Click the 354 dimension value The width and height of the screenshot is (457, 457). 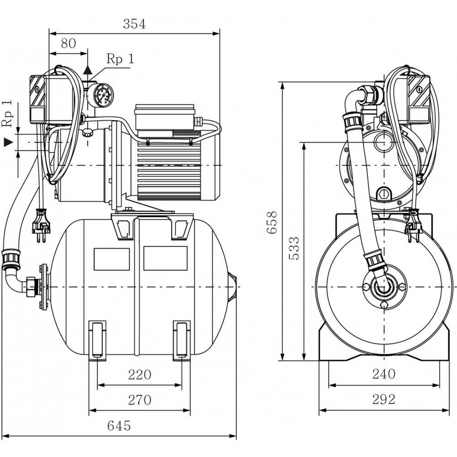coord(134,24)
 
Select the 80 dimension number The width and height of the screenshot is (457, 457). coord(68,43)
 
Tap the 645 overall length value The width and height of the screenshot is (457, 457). coord(119,426)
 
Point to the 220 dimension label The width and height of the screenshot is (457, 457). coord(139,375)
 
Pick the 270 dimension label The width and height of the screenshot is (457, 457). coord(139,400)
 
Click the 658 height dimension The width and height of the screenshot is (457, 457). coord(272,222)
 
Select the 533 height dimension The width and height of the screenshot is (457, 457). coord(295,249)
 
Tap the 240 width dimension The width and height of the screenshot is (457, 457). coord(383,374)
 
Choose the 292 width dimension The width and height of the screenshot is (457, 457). coord(383,399)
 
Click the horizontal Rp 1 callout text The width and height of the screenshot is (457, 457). coord(120,59)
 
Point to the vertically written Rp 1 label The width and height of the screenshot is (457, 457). coord(6,113)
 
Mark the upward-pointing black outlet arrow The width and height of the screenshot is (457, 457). coord(87,69)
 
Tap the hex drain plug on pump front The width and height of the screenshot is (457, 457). coord(384,194)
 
